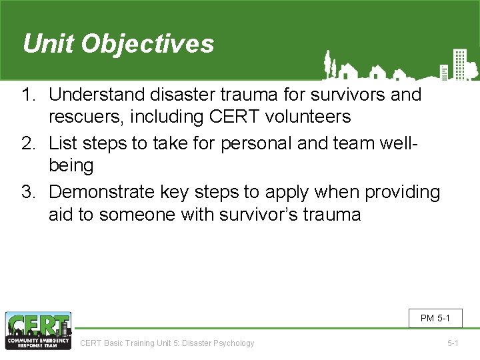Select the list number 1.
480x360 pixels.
tap(28, 95)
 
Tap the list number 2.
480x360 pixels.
tap(28, 142)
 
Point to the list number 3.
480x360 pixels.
tap(28, 192)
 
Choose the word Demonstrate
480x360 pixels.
tap(105, 192)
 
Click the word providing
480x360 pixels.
tap(402, 192)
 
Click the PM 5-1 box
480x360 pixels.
tap(435, 318)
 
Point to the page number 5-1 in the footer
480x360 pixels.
tap(453, 343)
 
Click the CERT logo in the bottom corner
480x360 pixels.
tap(38, 331)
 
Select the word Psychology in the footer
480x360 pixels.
tap(233, 343)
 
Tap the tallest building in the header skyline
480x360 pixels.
tap(459, 64)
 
